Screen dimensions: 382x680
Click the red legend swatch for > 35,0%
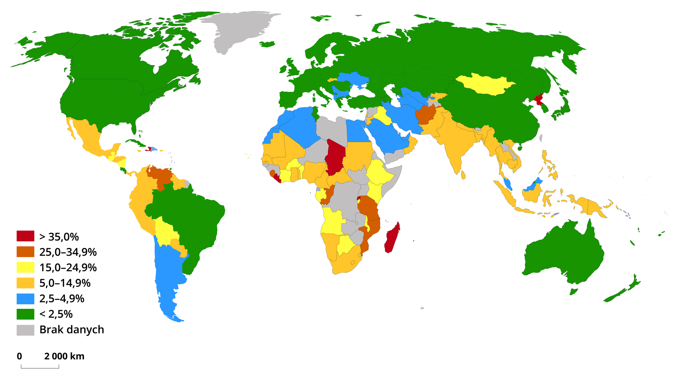25,236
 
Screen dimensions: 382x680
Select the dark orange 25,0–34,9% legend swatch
25,251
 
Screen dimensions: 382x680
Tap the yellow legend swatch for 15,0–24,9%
25,267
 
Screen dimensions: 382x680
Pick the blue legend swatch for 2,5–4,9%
25,299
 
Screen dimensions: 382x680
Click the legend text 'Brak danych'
72,330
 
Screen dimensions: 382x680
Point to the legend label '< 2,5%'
56,314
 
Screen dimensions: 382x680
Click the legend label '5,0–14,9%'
65,283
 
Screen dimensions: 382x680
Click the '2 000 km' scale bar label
64,356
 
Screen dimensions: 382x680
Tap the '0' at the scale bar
19,356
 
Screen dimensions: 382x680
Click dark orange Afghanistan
425,115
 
